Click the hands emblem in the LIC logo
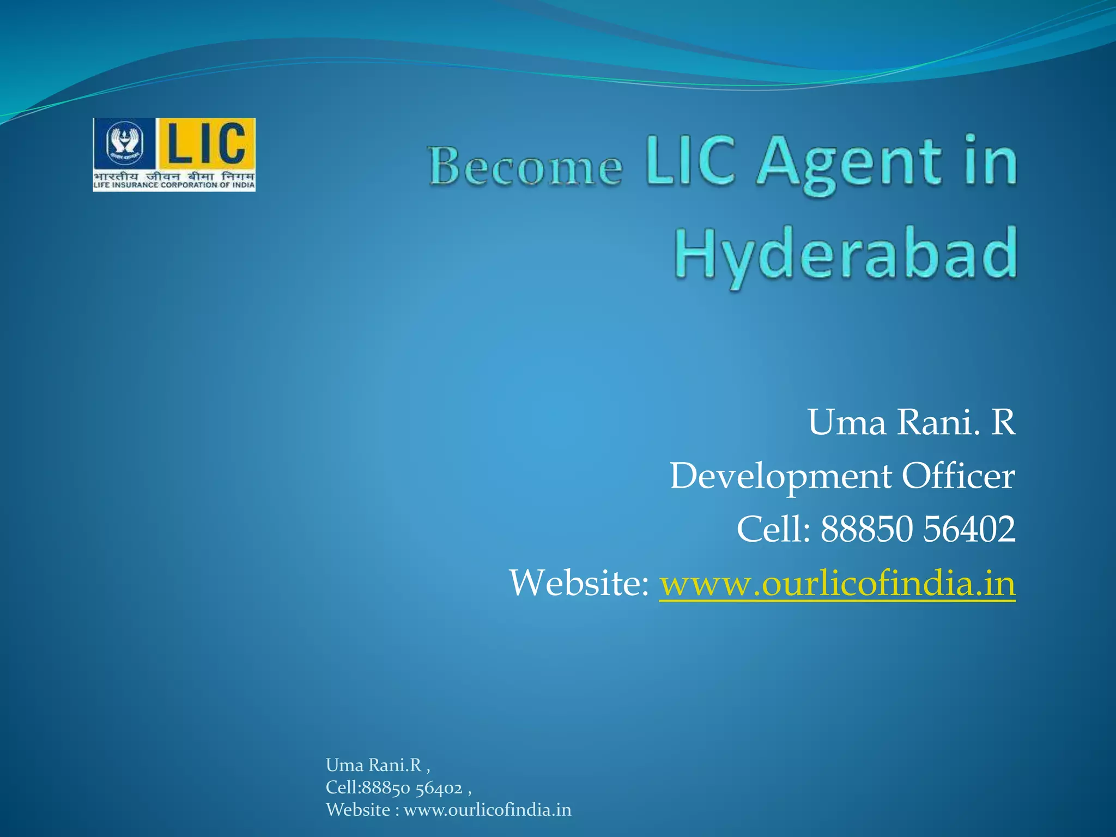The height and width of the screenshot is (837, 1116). [x=125, y=143]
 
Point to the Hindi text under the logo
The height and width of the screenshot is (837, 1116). [x=174, y=177]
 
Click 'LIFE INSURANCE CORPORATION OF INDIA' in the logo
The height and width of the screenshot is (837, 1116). [x=174, y=185]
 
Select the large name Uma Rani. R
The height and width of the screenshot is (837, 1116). [x=911, y=422]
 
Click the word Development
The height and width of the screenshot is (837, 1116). [x=780, y=476]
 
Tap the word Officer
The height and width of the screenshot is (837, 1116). [x=958, y=476]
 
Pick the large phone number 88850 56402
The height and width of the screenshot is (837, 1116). [x=918, y=529]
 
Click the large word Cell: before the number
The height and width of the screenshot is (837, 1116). [x=773, y=529]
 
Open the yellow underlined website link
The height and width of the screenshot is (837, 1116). [x=837, y=584]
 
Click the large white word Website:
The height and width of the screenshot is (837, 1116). [x=579, y=583]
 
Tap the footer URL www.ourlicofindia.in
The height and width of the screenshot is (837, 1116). [x=487, y=810]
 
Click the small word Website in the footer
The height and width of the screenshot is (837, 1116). [x=358, y=810]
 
